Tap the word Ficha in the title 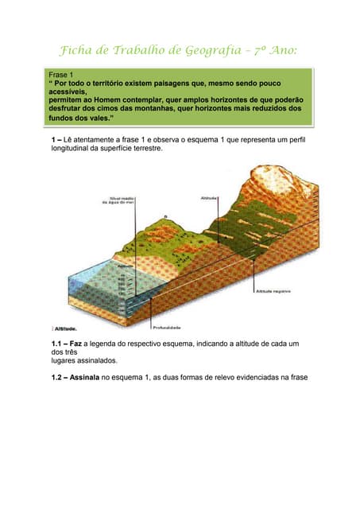77,52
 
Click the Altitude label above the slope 211,197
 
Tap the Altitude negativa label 273,292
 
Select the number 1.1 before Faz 56,343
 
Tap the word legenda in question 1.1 106,343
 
